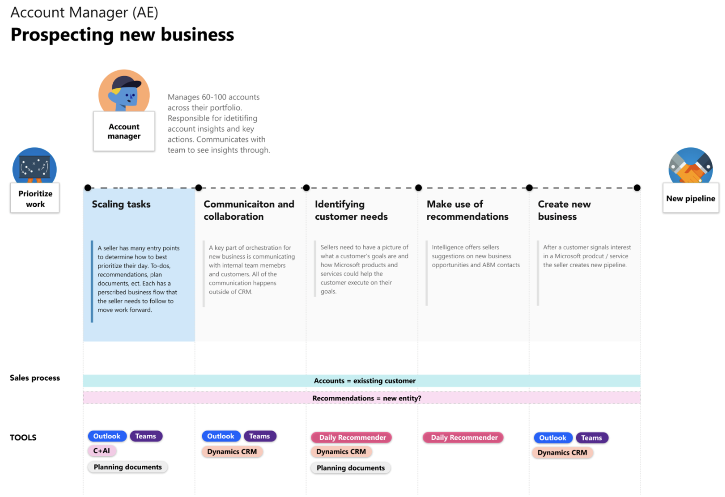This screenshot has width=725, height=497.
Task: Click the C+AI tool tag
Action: [x=102, y=450]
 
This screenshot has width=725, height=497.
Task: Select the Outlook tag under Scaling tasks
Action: [x=107, y=436]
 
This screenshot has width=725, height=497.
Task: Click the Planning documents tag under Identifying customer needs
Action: [x=350, y=468]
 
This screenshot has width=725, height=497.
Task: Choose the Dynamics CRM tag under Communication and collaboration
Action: [x=232, y=451]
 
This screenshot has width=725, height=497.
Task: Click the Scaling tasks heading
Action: [x=121, y=204]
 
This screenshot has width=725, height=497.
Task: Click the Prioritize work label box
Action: [x=35, y=198]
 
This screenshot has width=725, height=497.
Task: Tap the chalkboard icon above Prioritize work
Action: [x=34, y=166]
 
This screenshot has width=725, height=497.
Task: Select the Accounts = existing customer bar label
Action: [x=364, y=381]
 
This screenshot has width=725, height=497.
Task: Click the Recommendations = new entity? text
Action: [x=366, y=398]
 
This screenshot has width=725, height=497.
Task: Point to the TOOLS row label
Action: [x=23, y=438]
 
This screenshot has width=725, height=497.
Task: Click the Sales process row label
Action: [x=35, y=378]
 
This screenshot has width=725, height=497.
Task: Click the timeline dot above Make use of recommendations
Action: [x=418, y=188]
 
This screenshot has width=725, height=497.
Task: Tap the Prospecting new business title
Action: [x=122, y=34]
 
